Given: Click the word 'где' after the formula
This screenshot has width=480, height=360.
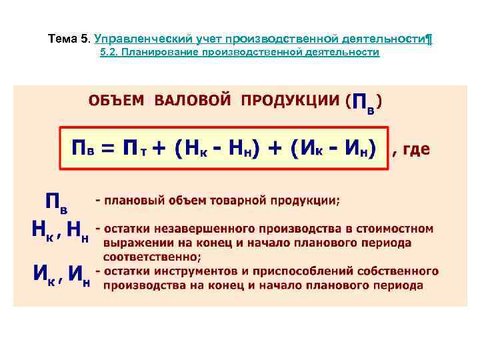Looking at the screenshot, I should (x=414, y=151).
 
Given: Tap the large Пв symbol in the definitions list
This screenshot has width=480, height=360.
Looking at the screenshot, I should (x=56, y=203).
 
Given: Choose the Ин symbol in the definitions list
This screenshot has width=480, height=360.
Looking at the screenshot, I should (x=79, y=275).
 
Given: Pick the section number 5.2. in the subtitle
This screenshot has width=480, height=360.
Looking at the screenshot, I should (x=109, y=52).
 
